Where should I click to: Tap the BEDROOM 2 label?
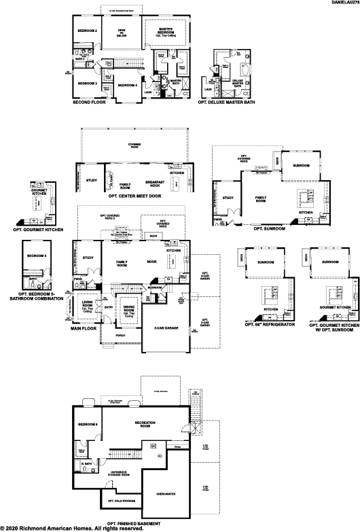click(87, 31)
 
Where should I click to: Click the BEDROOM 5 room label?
click(37, 255)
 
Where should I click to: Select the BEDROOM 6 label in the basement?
click(88, 425)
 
